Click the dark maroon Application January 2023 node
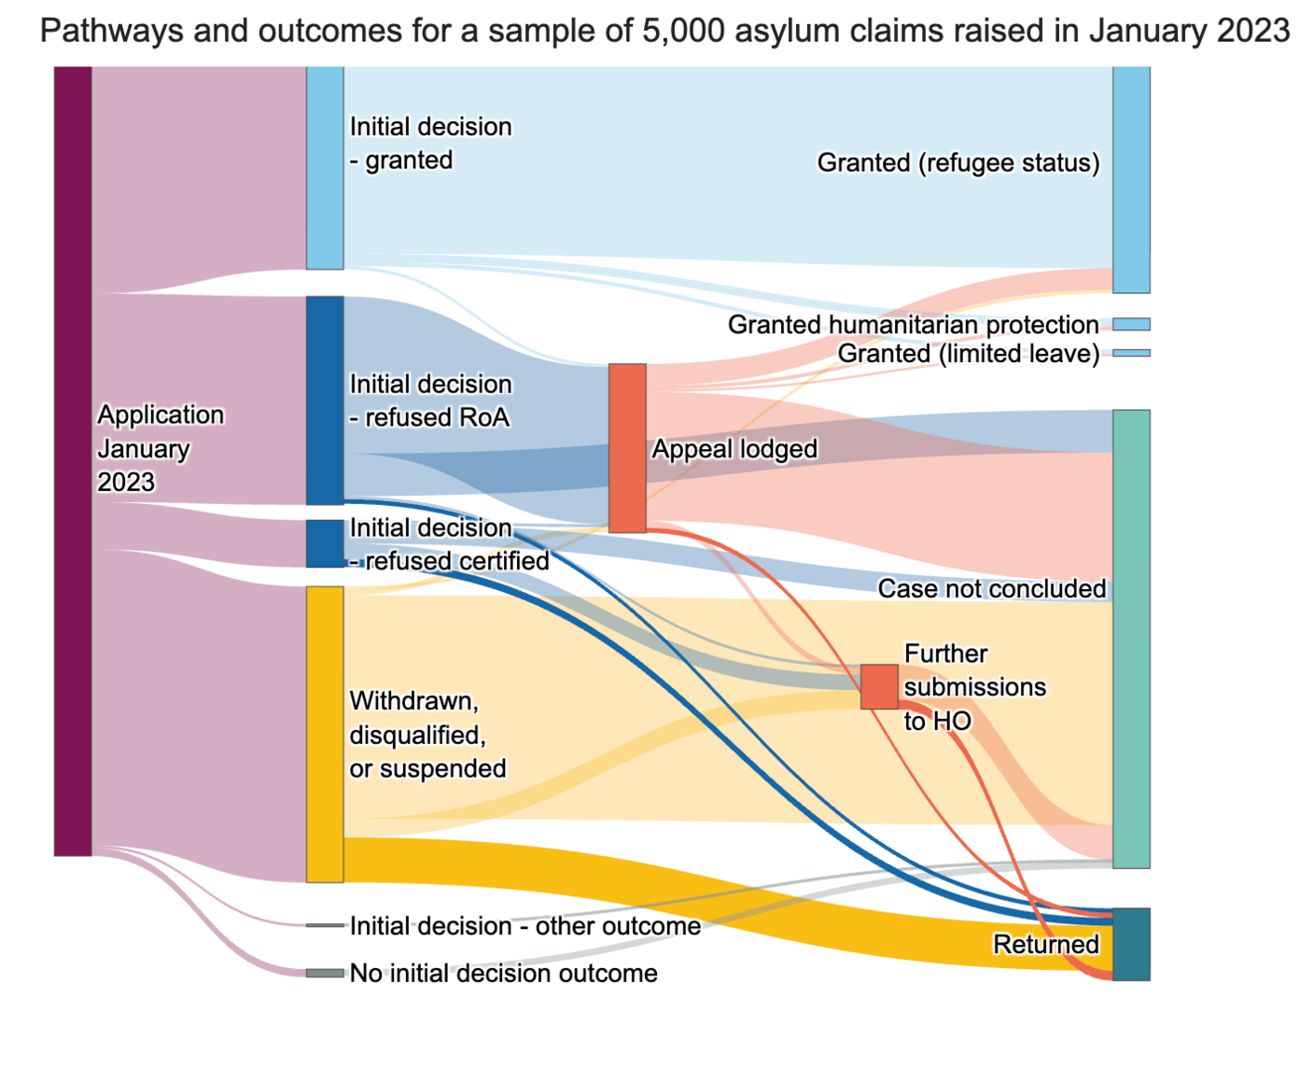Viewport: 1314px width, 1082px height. [x=73, y=460]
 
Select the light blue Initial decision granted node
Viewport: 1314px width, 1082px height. [x=325, y=168]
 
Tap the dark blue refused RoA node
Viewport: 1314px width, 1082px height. [x=325, y=400]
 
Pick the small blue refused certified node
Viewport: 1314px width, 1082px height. [x=325, y=543]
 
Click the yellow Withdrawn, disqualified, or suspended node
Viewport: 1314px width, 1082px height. [x=325, y=734]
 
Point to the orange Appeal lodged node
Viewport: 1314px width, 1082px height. [x=627, y=448]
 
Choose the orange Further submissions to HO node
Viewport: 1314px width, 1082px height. [x=879, y=687]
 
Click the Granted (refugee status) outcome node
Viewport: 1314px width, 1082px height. [x=1131, y=179]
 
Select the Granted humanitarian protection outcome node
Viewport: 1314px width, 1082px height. [x=1131, y=324]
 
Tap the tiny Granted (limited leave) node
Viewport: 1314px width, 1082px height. [x=1131, y=353]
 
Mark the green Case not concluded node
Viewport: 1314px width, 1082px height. [x=1131, y=639]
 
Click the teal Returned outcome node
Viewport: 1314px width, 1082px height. [x=1131, y=944]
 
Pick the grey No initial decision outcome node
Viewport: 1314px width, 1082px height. [x=325, y=973]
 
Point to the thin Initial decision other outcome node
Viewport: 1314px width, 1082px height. [x=325, y=925]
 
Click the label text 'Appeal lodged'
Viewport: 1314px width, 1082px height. [x=734, y=449]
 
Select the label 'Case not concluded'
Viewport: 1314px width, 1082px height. [x=991, y=589]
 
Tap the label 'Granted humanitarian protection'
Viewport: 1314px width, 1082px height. [x=913, y=325]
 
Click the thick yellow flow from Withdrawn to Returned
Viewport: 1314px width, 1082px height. [x=728, y=901]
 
